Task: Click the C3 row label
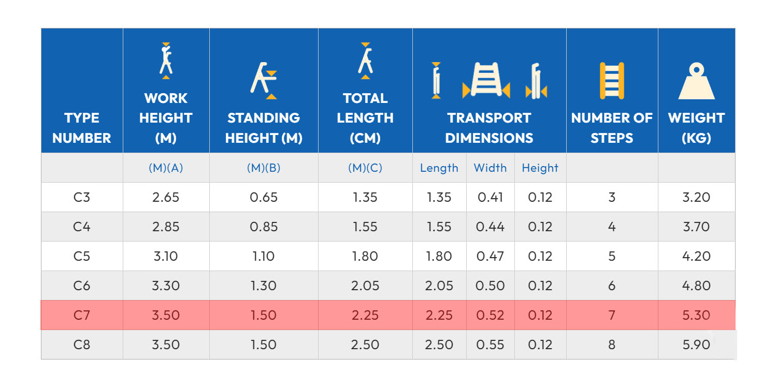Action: pos(82,197)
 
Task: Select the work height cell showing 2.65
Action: pos(166,197)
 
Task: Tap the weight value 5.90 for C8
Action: pos(696,345)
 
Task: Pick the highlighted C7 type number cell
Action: pos(82,315)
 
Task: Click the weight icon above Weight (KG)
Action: pos(696,81)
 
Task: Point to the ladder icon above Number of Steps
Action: pos(612,81)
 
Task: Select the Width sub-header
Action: pos(490,168)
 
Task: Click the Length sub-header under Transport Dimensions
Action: pos(439,168)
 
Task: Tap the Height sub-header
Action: pos(540,168)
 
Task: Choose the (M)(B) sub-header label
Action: pos(264,168)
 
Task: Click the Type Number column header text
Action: pos(82,128)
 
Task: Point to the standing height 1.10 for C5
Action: pos(264,256)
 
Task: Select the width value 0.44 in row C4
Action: pos(490,227)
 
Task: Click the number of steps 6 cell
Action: pos(612,286)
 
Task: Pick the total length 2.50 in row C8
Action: pos(365,345)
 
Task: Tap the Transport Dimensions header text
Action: pos(489,128)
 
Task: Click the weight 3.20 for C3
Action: pos(696,197)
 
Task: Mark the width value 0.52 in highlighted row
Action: pos(490,315)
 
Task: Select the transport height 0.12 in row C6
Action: pos(540,286)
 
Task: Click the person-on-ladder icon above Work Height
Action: pos(166,61)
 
